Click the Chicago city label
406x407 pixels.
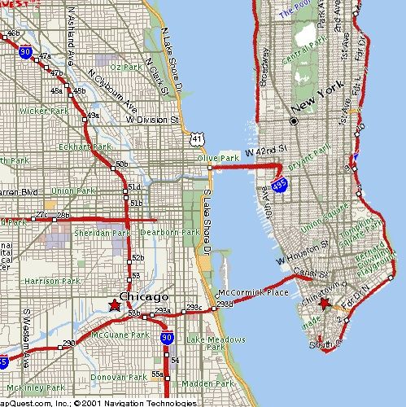[x=144, y=296]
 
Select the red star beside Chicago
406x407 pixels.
[x=114, y=305]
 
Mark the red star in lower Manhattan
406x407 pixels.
[x=325, y=304]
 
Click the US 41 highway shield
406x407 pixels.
[x=197, y=139]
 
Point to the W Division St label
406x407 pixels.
[x=152, y=120]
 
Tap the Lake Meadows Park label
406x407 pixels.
[x=205, y=343]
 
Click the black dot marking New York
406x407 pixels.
[x=294, y=120]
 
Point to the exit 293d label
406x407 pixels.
[x=224, y=304]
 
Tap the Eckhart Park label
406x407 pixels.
[x=85, y=147]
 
